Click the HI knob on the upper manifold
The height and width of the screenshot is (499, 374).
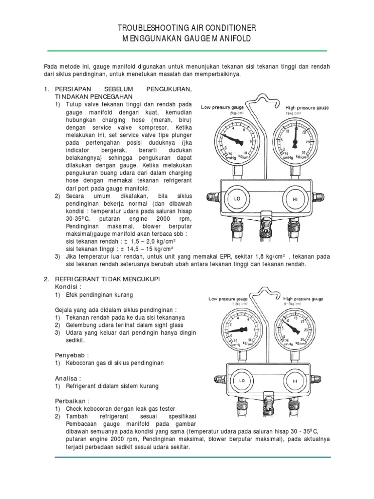(295, 199)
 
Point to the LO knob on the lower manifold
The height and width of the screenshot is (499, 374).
(240, 381)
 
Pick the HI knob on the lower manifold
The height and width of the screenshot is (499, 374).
(295, 381)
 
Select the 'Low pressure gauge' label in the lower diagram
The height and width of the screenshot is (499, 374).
(228, 298)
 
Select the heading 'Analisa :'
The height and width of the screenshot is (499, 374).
(68, 378)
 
